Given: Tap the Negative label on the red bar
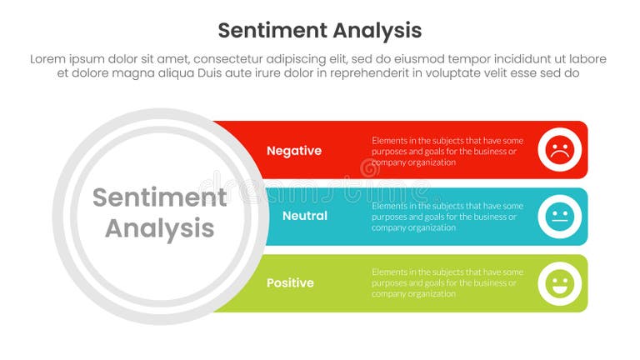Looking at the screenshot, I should [293, 151].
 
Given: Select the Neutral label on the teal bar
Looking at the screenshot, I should [304, 216].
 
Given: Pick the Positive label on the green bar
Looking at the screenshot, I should [290, 283].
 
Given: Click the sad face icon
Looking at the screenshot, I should [558, 150].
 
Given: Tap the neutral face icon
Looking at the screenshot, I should [558, 217].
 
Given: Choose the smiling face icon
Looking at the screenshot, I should [558, 283].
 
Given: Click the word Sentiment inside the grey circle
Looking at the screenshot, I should [159, 197].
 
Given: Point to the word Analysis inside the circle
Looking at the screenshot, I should [159, 228].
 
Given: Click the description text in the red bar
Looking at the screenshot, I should [447, 151].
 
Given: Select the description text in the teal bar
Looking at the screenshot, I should [447, 217].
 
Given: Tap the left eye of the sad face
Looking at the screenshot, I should [553, 145].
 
